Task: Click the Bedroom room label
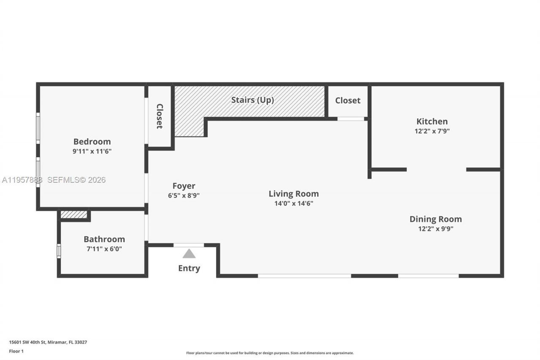coord(92,142)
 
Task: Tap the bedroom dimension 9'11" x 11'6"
coord(92,151)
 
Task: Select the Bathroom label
coord(104,239)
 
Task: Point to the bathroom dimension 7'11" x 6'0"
coord(104,249)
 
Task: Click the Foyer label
coord(184,186)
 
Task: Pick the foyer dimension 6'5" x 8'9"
coord(184,195)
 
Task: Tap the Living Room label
coord(294,194)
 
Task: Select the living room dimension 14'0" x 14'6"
coord(294,203)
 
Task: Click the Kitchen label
coord(432,122)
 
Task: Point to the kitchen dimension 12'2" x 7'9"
coord(432,131)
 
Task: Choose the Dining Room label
coord(435,219)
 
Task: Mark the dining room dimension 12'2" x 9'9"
coord(435,229)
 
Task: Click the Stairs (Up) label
coord(252,100)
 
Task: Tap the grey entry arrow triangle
coord(189,254)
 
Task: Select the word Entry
coord(189,268)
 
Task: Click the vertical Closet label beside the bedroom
coord(160,116)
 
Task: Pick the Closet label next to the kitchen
coord(348,100)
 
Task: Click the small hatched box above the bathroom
coord(74,214)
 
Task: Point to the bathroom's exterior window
coord(59,251)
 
